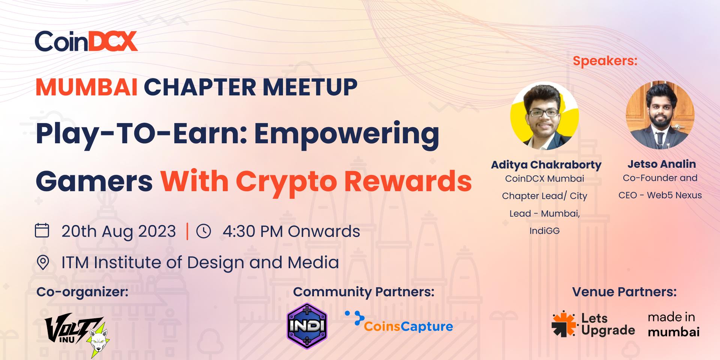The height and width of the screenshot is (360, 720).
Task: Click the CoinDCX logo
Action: [86, 41]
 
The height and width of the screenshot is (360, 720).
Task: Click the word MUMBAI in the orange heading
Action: [87, 87]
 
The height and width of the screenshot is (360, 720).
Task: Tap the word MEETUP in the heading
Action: [310, 87]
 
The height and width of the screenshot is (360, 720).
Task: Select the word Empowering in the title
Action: [346, 135]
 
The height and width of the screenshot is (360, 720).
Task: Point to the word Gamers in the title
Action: [94, 181]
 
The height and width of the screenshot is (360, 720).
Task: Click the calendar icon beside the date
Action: [42, 230]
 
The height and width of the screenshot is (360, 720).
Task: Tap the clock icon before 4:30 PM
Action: [204, 231]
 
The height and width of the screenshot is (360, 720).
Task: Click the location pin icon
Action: [43, 262]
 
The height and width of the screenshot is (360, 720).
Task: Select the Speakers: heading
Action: [605, 61]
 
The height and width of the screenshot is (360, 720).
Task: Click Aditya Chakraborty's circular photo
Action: [544, 116]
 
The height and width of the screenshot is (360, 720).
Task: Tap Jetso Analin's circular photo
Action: [660, 115]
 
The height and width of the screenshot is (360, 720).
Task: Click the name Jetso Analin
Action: [661, 164]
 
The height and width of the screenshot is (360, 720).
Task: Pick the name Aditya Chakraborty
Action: [546, 165]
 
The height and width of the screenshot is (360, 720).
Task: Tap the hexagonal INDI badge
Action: [307, 326]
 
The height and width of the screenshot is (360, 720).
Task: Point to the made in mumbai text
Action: [673, 324]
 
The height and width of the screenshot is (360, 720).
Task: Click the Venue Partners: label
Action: [624, 292]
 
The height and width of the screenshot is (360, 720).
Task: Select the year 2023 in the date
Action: [157, 231]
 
